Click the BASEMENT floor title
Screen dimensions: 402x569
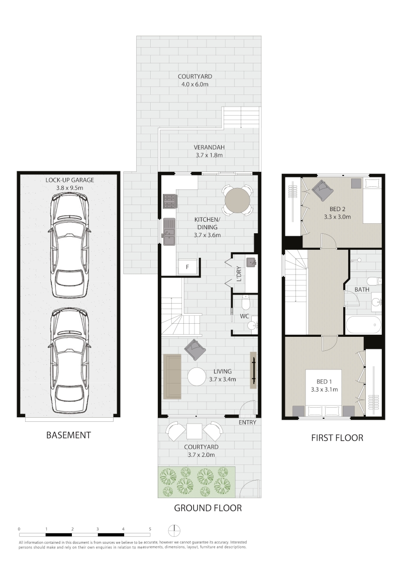[x=68, y=435]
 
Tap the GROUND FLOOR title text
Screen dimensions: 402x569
[x=208, y=508]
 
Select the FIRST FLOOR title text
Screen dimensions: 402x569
[x=337, y=438]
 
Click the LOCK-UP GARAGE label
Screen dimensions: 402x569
[x=70, y=180]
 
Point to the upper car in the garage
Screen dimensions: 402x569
[x=69, y=245]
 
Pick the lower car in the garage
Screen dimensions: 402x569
[x=69, y=360]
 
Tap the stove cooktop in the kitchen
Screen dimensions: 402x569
[x=169, y=202]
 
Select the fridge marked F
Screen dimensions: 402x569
[x=187, y=267]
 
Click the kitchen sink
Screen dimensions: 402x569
[x=169, y=232]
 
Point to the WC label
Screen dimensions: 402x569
[x=245, y=316]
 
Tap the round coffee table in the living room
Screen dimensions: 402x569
[x=197, y=376]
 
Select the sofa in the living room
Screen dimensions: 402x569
[x=172, y=376]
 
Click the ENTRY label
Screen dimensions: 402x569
[x=247, y=422]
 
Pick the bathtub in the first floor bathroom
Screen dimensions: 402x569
[x=363, y=325]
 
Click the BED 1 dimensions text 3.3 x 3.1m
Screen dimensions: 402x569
[x=324, y=390]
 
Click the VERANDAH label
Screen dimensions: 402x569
[x=209, y=147]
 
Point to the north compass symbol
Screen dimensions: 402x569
[x=174, y=530]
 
